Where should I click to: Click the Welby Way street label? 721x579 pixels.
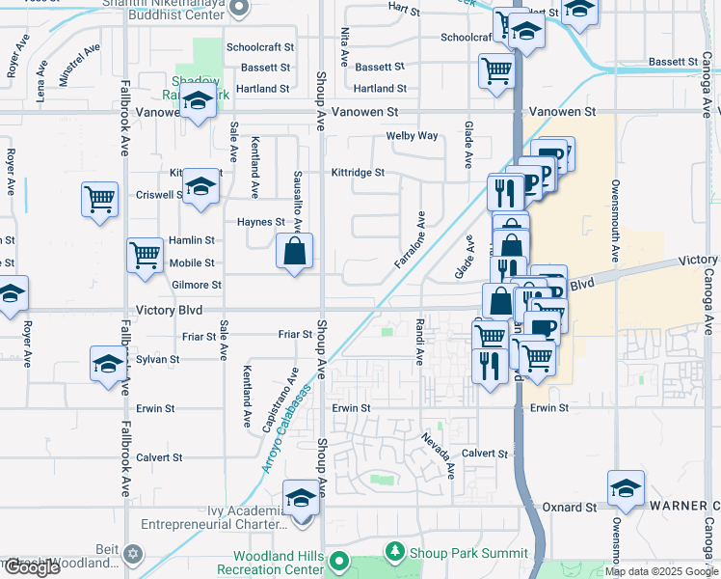coord(412,136)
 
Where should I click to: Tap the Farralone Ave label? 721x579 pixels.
coord(410,240)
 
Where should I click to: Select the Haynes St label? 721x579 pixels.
coord(260,222)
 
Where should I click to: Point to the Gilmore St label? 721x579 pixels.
coord(196,286)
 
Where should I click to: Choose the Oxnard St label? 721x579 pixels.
coord(570,507)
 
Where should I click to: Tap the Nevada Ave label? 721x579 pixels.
coord(438,455)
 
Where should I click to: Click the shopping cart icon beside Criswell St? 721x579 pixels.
coord(100,200)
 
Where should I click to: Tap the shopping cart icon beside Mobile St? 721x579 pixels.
coord(145,256)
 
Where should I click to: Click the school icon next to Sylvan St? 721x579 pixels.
coord(108,363)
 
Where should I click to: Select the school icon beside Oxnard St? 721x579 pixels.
coord(626,488)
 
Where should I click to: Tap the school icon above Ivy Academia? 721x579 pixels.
coord(301,498)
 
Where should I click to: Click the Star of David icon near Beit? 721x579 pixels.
coord(133,556)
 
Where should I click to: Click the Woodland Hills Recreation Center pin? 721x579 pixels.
coord(338,561)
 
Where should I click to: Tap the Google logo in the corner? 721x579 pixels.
coord(32,567)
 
